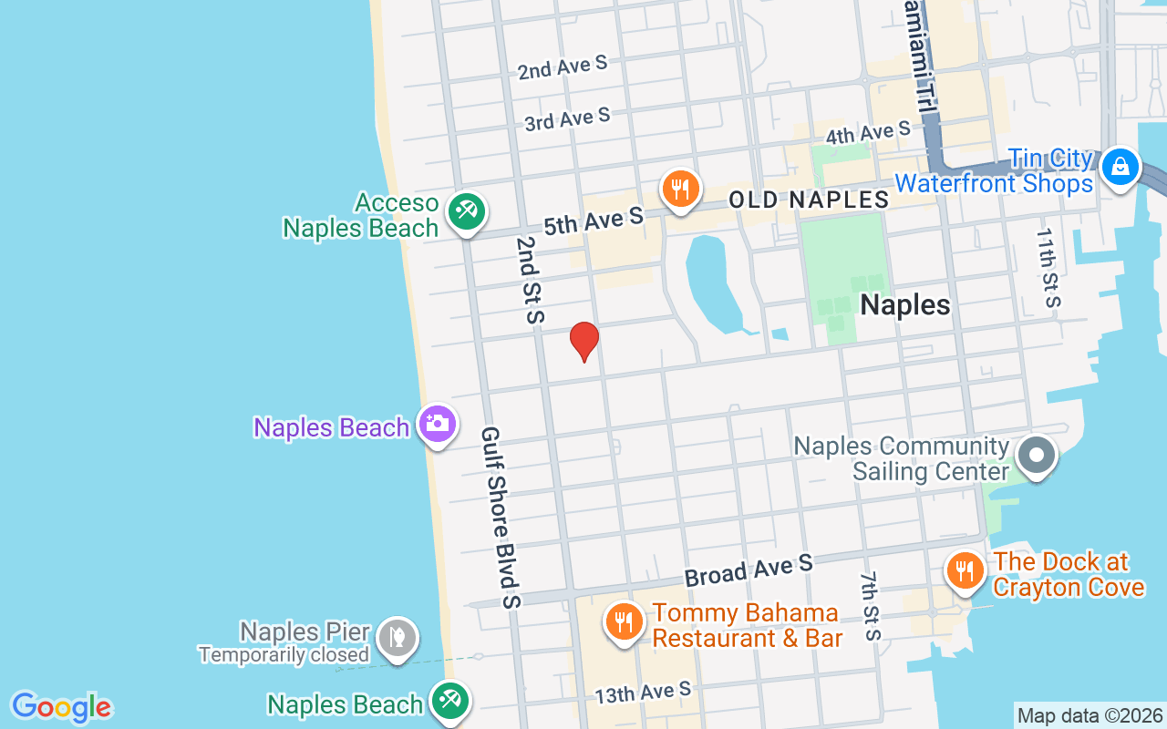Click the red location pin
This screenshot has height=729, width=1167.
(584, 341)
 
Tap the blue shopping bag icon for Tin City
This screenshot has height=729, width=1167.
(1120, 167)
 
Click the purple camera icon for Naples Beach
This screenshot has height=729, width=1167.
(438, 424)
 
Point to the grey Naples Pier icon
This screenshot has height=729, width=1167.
(397, 637)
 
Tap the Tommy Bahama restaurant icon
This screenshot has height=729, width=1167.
(624, 623)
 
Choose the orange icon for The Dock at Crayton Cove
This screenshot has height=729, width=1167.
(965, 570)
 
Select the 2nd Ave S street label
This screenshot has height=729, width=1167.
(562, 67)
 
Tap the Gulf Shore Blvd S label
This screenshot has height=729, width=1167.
(501, 517)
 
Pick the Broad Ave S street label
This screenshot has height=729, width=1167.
(748, 571)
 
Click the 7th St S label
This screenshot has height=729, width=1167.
(871, 606)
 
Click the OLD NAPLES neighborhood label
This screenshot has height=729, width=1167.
(809, 200)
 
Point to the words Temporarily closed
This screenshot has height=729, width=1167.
(284, 654)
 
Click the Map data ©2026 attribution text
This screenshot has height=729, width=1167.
(1090, 716)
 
